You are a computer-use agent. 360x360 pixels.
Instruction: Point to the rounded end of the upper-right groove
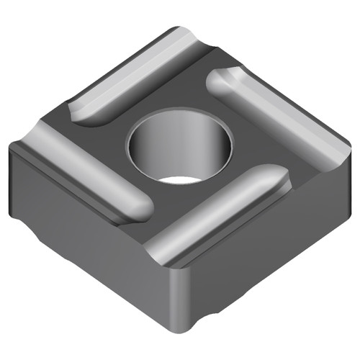[220, 81]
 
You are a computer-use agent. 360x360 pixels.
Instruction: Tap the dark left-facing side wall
[79, 230]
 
